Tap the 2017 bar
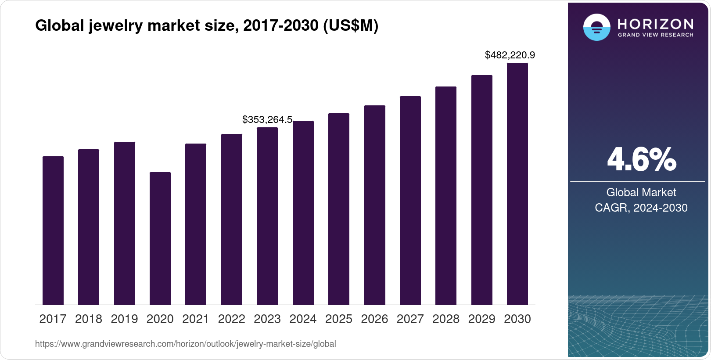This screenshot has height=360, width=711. tap(53, 230)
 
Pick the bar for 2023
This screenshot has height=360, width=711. tap(267, 216)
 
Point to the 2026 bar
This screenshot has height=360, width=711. tap(375, 205)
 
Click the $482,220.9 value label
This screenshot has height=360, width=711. tap(510, 55)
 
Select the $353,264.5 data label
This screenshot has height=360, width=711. tap(267, 120)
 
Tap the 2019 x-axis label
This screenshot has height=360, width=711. tap(124, 319)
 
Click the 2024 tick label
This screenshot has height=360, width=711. tap(303, 319)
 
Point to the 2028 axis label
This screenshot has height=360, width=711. tap(446, 319)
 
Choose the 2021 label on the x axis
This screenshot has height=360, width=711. tap(196, 319)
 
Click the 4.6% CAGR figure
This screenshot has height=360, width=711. tap(641, 160)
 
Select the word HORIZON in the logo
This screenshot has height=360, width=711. tap(655, 24)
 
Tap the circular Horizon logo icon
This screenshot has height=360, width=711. tap(596, 27)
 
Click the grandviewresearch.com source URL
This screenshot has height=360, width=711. tap(185, 344)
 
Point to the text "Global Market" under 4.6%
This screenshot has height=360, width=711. tap(641, 192)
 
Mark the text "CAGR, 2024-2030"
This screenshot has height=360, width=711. tap(641, 208)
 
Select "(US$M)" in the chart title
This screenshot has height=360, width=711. tap(350, 26)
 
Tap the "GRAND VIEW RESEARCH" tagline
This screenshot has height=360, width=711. tap(655, 35)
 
